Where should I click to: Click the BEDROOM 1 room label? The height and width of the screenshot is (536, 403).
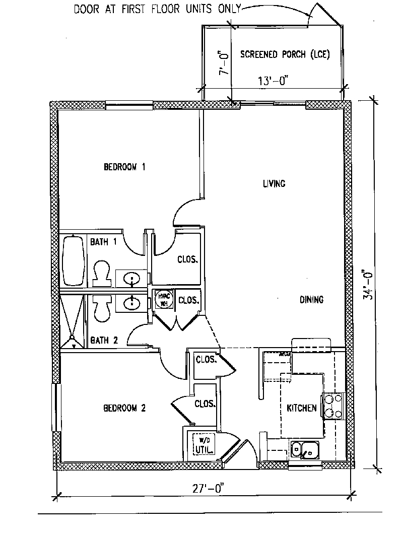[x=124, y=167]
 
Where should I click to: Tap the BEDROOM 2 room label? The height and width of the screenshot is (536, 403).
[x=124, y=408]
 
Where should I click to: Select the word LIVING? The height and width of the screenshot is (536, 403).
[x=274, y=183]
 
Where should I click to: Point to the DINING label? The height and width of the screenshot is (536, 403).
[x=311, y=300]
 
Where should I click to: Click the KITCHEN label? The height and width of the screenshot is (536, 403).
[x=302, y=408]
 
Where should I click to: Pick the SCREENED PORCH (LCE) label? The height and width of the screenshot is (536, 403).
[x=285, y=54]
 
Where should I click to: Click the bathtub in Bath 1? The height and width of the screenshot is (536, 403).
[x=74, y=261]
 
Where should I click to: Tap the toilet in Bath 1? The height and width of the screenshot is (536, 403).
[x=102, y=272]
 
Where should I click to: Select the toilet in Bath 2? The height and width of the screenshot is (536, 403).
[x=102, y=308]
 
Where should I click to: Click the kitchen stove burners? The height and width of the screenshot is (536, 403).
[x=333, y=406]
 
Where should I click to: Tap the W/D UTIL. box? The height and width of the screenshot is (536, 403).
[x=204, y=443]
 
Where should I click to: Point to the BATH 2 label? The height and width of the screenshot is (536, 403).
[x=104, y=341]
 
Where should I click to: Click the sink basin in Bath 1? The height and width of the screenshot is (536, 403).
[x=132, y=279]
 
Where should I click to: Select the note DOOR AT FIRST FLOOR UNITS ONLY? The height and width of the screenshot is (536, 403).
[x=157, y=9]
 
